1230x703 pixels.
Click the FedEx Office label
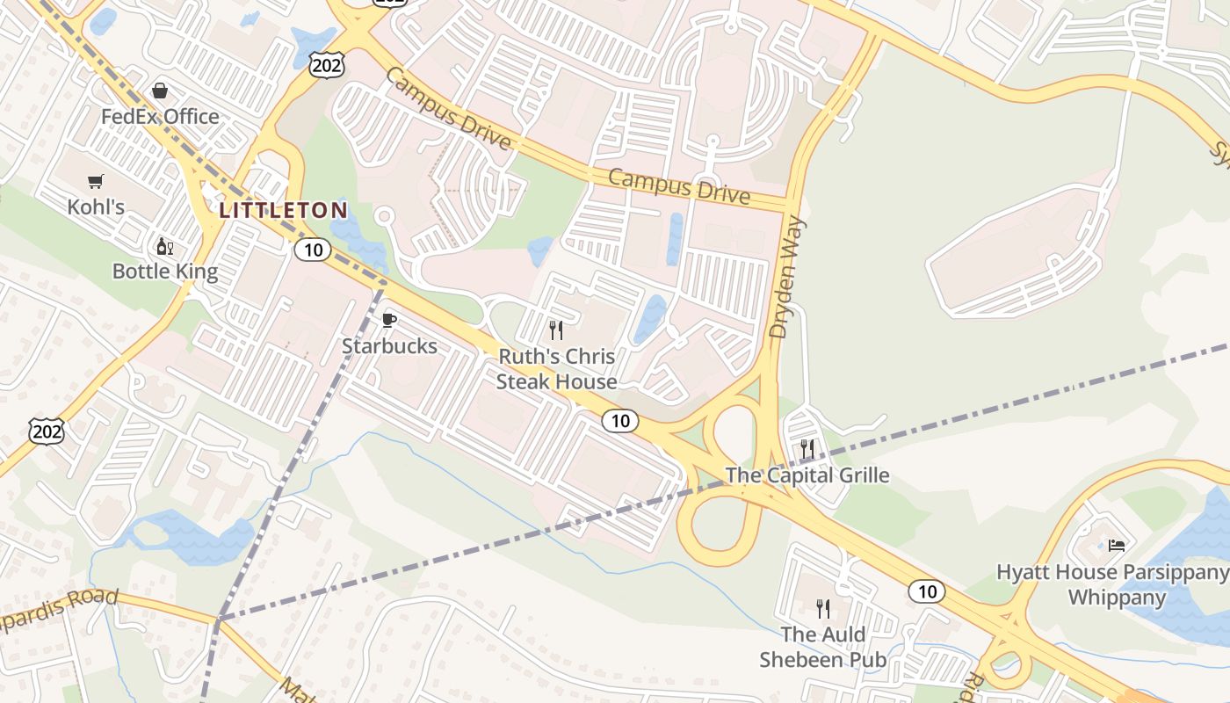click(160, 116)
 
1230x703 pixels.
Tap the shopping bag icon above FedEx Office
click(160, 91)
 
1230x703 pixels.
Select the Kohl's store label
click(96, 207)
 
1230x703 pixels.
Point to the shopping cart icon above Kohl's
click(96, 182)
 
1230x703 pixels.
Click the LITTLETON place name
click(283, 210)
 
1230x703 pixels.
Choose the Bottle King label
click(165, 271)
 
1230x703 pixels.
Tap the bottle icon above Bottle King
click(164, 246)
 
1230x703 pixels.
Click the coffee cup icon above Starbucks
click(389, 320)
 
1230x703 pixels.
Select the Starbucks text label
click(389, 345)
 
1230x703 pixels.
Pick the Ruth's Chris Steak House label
click(557, 369)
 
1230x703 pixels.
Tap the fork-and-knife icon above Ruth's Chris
click(556, 330)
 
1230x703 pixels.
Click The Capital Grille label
click(807, 475)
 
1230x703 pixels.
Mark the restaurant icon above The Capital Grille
click(807, 450)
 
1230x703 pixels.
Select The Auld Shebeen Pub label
click(823, 647)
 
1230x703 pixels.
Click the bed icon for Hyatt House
click(1116, 545)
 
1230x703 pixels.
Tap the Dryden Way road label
click(788, 278)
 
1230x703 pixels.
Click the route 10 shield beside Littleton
click(312, 250)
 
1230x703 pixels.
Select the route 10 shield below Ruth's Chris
click(620, 421)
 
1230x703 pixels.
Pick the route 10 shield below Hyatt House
click(927, 591)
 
